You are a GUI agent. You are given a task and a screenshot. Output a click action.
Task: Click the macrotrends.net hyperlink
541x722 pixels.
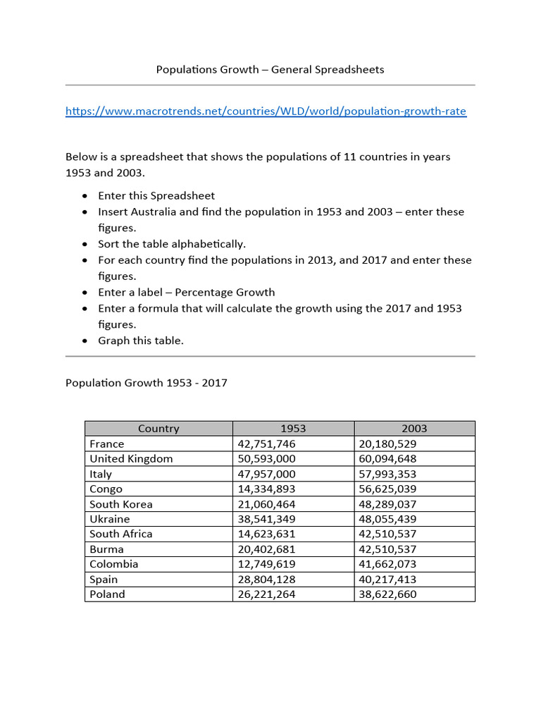266,111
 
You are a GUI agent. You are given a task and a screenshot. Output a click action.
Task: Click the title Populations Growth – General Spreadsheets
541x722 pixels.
270,69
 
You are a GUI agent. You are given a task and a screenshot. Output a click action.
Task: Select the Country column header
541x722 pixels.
158,429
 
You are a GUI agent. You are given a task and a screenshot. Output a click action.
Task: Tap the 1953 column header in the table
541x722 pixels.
293,429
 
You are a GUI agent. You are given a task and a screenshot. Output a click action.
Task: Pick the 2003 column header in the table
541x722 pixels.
414,429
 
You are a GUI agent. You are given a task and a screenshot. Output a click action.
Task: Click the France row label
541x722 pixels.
107,444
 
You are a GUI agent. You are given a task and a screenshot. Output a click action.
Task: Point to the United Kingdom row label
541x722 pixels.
131,459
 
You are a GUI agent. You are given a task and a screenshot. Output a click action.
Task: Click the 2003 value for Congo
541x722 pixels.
388,489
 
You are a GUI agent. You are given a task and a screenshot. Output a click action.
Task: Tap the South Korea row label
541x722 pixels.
121,504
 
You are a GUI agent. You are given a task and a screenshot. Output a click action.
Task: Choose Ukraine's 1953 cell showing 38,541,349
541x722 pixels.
268,519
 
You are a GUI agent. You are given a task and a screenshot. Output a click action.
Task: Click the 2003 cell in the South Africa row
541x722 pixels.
388,534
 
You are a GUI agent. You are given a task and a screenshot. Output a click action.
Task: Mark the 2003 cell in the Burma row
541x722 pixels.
388,549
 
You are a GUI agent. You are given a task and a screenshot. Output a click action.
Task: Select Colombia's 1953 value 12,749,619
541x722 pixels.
268,564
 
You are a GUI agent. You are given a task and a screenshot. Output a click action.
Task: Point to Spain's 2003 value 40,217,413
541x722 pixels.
388,580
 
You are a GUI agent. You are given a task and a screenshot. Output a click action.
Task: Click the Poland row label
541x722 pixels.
107,594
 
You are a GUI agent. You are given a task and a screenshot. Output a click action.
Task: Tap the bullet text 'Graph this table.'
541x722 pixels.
141,341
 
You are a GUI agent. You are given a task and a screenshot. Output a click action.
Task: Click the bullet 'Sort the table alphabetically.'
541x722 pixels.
172,244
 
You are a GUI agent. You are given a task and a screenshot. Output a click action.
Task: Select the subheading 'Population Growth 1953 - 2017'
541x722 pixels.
147,384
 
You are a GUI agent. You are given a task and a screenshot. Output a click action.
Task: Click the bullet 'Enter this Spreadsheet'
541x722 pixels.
156,195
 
